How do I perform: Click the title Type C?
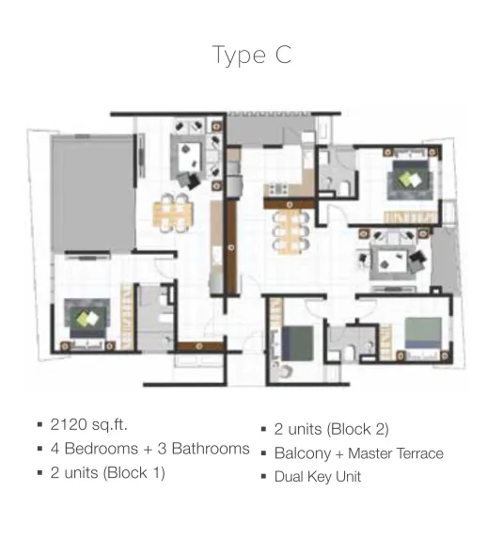click(x=252, y=55)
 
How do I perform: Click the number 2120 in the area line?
click(x=69, y=424)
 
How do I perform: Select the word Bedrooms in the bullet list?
click(x=102, y=449)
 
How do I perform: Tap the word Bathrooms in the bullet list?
click(x=211, y=449)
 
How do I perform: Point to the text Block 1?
click(x=134, y=472)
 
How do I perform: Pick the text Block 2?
click(x=358, y=429)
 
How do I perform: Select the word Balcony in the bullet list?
click(x=303, y=453)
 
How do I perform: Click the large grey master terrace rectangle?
click(x=93, y=194)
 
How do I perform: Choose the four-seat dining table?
click(x=173, y=212)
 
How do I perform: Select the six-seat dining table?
click(x=291, y=231)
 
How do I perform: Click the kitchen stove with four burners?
click(x=278, y=188)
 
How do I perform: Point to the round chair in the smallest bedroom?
click(x=285, y=372)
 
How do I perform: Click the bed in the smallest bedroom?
click(x=298, y=343)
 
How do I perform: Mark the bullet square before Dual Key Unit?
click(x=263, y=476)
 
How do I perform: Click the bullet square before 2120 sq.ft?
click(x=39, y=424)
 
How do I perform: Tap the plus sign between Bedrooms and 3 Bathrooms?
click(x=148, y=450)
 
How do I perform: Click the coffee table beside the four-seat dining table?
click(x=189, y=153)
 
